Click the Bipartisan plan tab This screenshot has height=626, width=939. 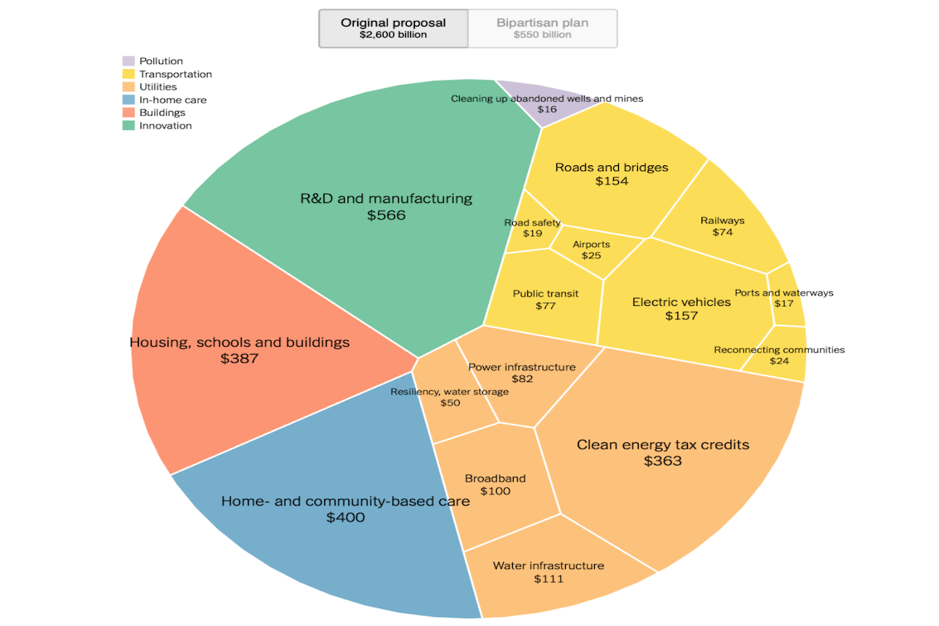pos(543,28)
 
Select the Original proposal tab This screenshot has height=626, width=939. pos(393,28)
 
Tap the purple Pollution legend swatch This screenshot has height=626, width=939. pos(128,61)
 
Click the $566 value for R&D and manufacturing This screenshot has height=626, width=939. pos(386,215)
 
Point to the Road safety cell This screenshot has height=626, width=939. pos(532,229)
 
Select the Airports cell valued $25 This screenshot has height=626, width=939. pos(591,250)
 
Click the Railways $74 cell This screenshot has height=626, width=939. pos(722,226)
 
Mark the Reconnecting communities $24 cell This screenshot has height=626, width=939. pos(779,356)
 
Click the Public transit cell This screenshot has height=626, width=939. pos(546,299)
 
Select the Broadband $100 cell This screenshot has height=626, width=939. pos(495,485)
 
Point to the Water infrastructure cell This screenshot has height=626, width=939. pos(548,571)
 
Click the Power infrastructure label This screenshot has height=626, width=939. pos(522,367)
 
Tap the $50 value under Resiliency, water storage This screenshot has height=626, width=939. pos(450,403)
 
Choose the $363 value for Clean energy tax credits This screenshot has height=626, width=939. pos(663,461)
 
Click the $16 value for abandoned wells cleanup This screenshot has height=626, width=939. pos(547,109)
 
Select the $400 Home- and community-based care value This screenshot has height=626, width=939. pos(345,518)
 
